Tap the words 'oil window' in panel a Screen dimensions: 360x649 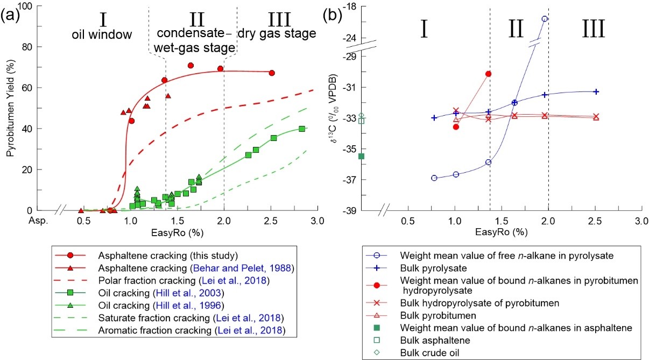[x=102, y=36]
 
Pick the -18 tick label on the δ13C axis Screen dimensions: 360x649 [x=354, y=6]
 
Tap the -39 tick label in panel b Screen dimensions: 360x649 [x=354, y=210]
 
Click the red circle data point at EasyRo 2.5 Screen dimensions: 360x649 [x=272, y=73]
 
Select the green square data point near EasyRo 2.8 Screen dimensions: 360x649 [x=302, y=129]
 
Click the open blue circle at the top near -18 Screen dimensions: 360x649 [x=545, y=19]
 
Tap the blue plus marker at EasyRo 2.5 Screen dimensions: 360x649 [x=596, y=91]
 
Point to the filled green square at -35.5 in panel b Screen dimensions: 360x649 [x=362, y=157]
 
